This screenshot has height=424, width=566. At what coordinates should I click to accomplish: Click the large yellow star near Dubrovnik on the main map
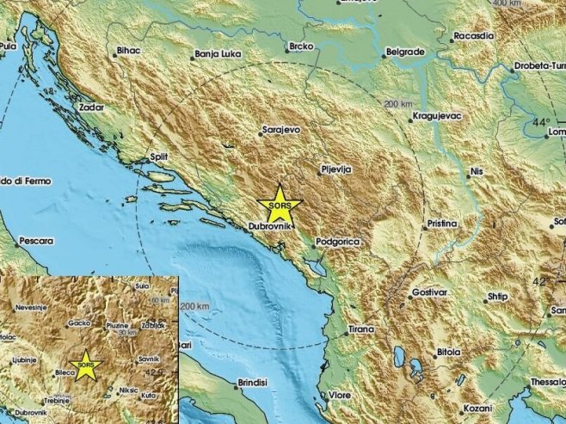(x=280, y=204)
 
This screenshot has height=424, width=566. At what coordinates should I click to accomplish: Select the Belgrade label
(x=405, y=52)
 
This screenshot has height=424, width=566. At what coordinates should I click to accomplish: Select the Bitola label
(x=449, y=352)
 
